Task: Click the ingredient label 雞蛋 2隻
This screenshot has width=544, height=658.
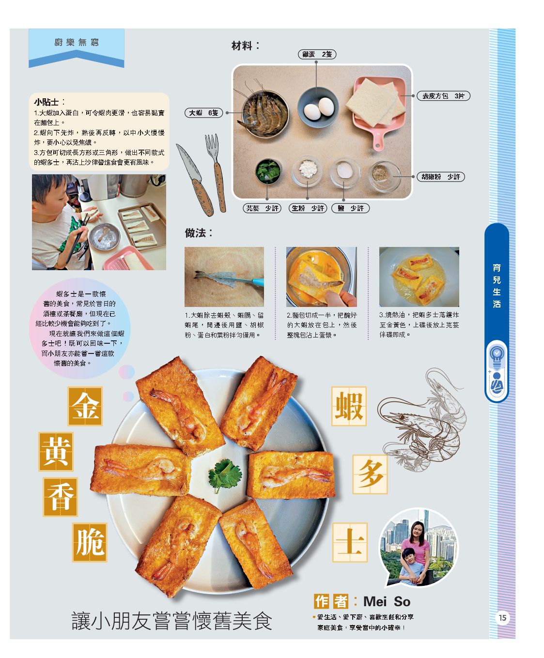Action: click(317, 55)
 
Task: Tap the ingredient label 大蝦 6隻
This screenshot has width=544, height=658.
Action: click(203, 113)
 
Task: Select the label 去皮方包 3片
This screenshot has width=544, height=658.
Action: click(443, 96)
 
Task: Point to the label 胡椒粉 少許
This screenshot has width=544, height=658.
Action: click(440, 177)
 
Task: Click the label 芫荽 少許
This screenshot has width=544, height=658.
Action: click(262, 208)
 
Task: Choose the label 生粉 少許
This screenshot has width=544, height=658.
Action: click(308, 208)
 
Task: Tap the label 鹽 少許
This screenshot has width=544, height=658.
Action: click(350, 208)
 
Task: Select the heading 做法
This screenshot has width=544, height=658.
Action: click(199, 233)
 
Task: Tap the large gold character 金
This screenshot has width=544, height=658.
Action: click(85, 406)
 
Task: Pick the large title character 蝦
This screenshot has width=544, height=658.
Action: click(349, 406)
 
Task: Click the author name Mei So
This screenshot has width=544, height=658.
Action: click(387, 601)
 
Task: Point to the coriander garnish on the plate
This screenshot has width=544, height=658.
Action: click(225, 475)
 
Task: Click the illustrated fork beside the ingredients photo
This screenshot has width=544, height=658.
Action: click(216, 173)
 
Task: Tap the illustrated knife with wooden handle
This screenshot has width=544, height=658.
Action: click(194, 180)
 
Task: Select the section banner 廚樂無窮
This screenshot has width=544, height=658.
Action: click(77, 42)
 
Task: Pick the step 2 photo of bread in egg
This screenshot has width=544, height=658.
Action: click(321, 276)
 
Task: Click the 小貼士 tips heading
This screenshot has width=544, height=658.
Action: click(47, 102)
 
